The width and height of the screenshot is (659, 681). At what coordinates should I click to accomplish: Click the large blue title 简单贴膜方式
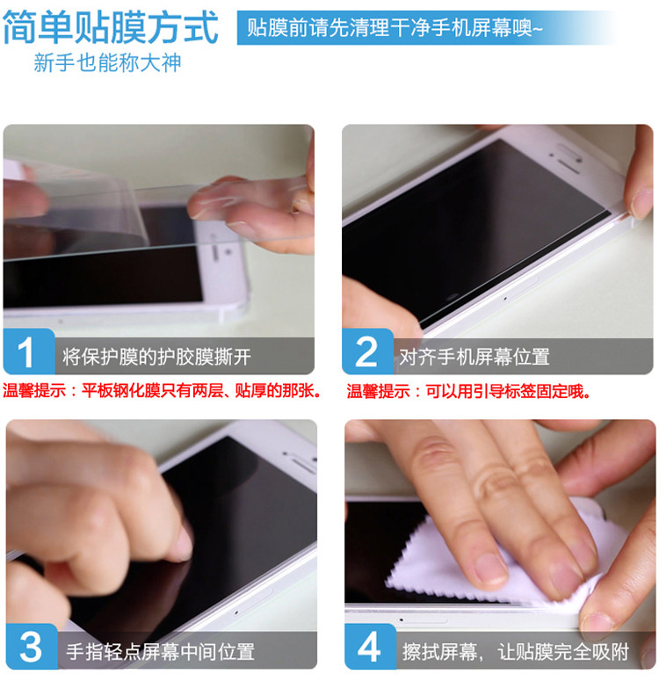pos(110,27)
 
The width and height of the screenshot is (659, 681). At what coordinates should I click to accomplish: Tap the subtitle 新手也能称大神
pos(107,62)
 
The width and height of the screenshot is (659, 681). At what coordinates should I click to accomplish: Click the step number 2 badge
pos(367,351)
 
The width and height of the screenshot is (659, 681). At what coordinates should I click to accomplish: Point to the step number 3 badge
pos(32,647)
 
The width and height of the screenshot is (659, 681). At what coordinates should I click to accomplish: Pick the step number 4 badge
pos(370,647)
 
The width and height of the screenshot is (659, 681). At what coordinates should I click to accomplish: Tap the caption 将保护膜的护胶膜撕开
pos(156,357)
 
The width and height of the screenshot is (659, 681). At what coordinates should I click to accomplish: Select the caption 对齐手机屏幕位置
pos(474,357)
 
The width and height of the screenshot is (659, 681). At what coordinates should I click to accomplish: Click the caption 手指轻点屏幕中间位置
pos(160,652)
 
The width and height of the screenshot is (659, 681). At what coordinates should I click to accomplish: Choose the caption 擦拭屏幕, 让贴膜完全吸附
pos(516,652)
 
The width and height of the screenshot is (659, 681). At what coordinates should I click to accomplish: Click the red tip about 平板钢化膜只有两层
pos(162,390)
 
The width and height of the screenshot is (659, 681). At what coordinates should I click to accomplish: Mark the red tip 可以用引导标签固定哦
pos(469,391)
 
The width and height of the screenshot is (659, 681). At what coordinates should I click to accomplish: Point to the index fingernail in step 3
pos(183,542)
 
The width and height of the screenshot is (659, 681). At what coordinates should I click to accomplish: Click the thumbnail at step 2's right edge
pos(641,203)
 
